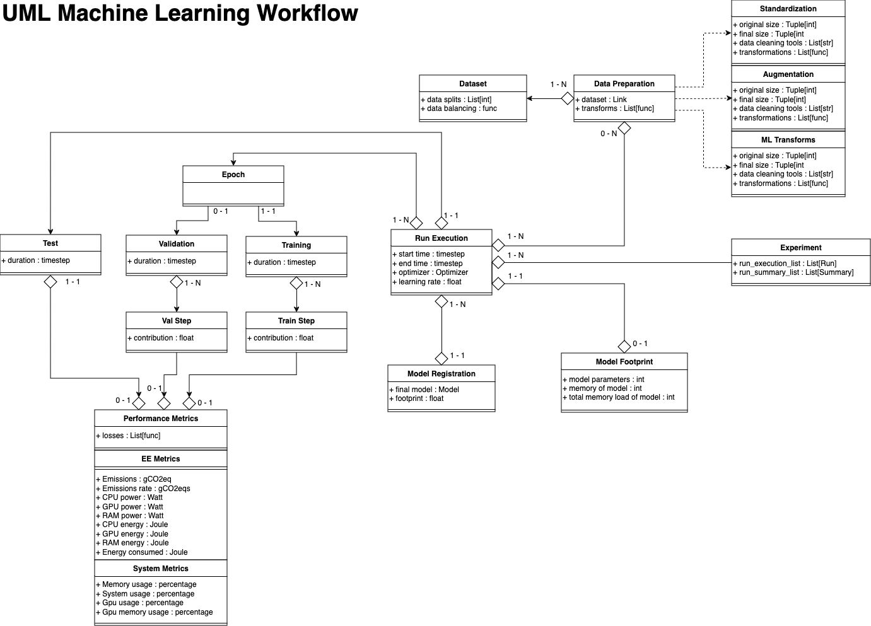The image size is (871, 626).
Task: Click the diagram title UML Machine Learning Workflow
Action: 180,13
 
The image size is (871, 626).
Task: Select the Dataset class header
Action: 472,84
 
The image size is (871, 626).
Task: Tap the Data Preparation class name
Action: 624,84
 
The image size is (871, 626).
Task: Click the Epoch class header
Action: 233,175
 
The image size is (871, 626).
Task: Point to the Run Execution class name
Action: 441,238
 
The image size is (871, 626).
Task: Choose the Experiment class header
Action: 800,248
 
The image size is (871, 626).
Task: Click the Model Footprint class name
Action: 624,362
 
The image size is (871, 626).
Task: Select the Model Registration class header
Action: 441,374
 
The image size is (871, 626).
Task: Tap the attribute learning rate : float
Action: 427,282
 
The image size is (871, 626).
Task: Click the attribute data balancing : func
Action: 459,108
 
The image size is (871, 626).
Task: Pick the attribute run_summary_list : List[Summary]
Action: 793,272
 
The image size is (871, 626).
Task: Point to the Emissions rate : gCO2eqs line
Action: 143,489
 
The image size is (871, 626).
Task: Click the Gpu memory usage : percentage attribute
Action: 155,612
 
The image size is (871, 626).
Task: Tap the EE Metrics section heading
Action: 160,459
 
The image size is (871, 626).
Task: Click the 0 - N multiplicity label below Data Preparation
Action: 609,134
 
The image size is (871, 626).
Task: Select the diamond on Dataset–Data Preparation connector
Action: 568,98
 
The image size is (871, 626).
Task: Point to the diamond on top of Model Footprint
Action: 624,346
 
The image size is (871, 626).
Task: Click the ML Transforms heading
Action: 788,140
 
